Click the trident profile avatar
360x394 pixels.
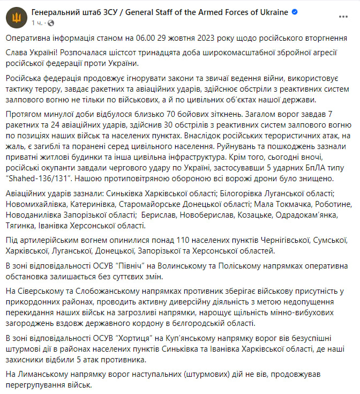click(17, 17)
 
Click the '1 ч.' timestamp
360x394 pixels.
click(37, 23)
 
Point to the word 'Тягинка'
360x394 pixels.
click(20, 226)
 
